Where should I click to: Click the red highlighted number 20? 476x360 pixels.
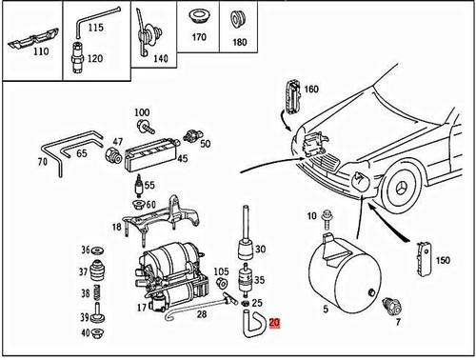[x=276, y=324]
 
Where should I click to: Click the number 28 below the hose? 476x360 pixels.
[x=203, y=313]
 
